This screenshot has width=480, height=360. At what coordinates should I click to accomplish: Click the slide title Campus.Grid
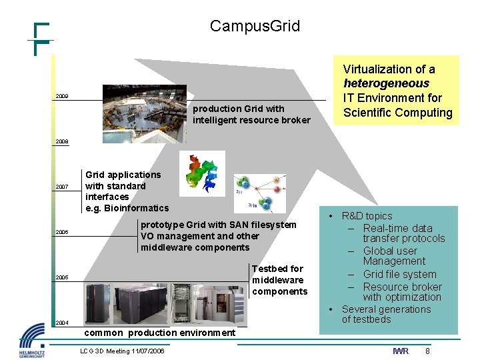(255, 27)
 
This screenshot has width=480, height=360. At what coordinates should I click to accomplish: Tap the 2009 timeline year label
(61, 97)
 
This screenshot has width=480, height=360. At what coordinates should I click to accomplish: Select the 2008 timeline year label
(61, 142)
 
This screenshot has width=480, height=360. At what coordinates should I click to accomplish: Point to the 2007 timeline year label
(61, 187)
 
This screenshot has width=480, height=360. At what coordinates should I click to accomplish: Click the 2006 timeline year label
(61, 233)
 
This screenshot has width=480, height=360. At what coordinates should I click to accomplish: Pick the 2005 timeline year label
(61, 277)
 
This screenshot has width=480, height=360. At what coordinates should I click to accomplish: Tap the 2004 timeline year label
(61, 323)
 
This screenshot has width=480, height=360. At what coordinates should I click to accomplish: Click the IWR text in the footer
(400, 351)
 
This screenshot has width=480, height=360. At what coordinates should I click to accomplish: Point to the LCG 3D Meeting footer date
(122, 351)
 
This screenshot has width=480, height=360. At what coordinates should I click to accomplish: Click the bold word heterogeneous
(386, 83)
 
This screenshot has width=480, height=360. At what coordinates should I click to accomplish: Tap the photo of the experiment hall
(144, 114)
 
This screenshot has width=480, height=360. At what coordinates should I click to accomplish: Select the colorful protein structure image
(202, 173)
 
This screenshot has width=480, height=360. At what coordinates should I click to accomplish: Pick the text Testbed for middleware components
(279, 280)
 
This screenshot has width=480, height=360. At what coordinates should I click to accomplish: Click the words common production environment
(160, 333)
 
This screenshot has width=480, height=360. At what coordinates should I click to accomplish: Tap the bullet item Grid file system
(399, 274)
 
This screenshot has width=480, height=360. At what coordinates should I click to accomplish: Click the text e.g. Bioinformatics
(127, 208)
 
